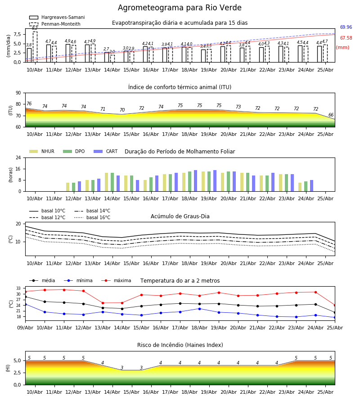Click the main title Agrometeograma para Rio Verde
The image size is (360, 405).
tap(180, 8)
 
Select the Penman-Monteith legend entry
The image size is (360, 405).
tap(55, 24)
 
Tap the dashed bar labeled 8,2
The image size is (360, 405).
tap(35, 47)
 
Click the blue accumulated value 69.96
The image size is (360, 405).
tap(346, 27)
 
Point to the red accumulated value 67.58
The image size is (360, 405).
tap(346, 38)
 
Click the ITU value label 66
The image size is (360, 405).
tap(331, 115)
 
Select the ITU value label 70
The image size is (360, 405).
tap(122, 110)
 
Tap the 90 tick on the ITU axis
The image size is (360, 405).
tap(18, 93)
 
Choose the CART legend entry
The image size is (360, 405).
tap(105, 151)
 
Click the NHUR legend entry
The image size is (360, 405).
tap(41, 151)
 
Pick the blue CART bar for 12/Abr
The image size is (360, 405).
tap(79, 186)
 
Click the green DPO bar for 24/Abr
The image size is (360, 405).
tap(306, 186)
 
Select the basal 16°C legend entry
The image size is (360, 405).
tap(92, 217)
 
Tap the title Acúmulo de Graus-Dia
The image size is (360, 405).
tap(180, 216)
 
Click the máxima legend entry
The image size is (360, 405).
tap(116, 280)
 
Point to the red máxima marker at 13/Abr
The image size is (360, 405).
tap(103, 303)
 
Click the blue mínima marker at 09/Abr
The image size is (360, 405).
tap(26, 304)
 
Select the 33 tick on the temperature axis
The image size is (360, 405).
tap(18, 288)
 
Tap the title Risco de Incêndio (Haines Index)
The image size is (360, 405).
tap(180, 345)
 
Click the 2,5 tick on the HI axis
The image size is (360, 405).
tap(18, 373)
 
